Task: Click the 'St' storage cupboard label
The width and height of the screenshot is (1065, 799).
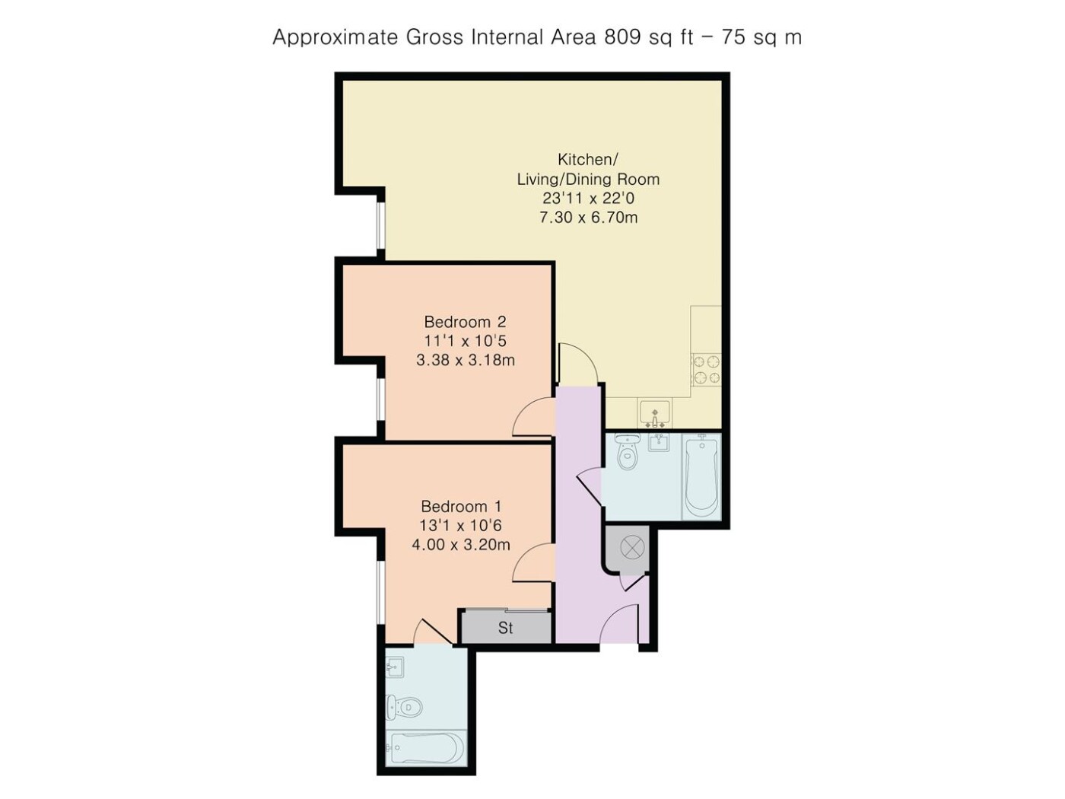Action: point(505,628)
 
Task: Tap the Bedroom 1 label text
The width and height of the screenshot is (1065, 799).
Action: point(460,507)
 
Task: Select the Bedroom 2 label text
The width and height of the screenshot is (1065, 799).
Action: point(465,322)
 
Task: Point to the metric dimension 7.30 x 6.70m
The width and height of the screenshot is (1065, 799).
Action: point(588,218)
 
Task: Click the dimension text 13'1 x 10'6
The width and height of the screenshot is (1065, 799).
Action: point(460,525)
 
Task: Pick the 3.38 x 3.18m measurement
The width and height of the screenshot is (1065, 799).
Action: point(466,360)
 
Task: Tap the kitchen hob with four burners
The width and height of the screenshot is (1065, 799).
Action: point(706,370)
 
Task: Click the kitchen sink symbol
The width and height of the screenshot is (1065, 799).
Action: point(654,413)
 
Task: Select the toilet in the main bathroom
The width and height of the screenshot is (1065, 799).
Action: point(628,451)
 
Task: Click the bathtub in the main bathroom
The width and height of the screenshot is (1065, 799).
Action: point(701,476)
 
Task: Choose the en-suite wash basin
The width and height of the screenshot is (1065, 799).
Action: point(395,668)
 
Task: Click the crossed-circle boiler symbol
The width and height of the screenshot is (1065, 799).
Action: point(631,548)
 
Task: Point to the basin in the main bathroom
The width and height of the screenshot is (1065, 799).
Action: point(659,442)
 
